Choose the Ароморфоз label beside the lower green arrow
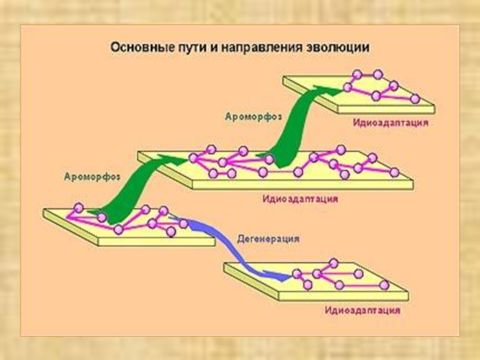point(91,176)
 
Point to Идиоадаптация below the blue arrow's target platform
point(362,311)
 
